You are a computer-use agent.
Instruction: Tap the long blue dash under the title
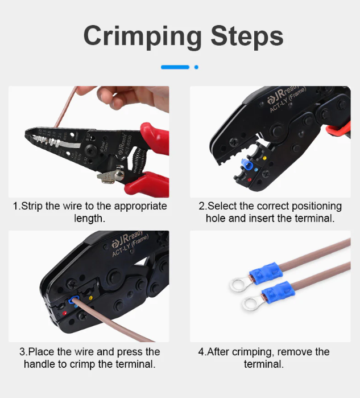pyautogui.click(x=175, y=67)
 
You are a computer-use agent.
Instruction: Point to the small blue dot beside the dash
pyautogui.click(x=196, y=67)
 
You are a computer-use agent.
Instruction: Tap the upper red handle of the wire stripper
pyautogui.click(x=151, y=137)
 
